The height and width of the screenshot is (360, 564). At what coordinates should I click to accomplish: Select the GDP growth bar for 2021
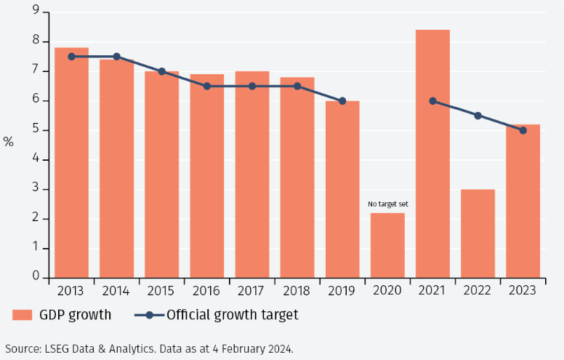pos(432,153)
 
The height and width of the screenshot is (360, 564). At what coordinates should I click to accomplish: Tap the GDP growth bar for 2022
pos(478,233)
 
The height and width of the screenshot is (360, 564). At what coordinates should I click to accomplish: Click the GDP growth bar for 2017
pos(252,175)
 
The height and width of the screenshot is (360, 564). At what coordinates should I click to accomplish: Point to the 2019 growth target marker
pos(342,101)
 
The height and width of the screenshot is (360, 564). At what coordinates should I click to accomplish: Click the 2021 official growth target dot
pos(432,101)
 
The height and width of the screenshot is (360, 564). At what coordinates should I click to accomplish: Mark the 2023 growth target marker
pos(523,130)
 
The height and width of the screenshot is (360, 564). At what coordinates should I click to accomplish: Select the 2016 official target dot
pos(207,86)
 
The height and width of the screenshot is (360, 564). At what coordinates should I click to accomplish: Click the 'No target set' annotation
pos(387,204)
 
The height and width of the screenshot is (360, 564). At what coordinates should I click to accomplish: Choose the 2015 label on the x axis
pos(161,290)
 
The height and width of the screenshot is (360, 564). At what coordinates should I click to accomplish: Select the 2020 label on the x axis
pos(387,290)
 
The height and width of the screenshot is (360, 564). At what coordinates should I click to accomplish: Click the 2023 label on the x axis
pos(523,290)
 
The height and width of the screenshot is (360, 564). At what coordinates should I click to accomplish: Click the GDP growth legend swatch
pos(23,315)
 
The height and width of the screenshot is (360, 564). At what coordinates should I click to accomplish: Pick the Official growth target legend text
pos(232,315)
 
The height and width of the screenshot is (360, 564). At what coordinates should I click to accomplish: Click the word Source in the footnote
pos(22,348)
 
